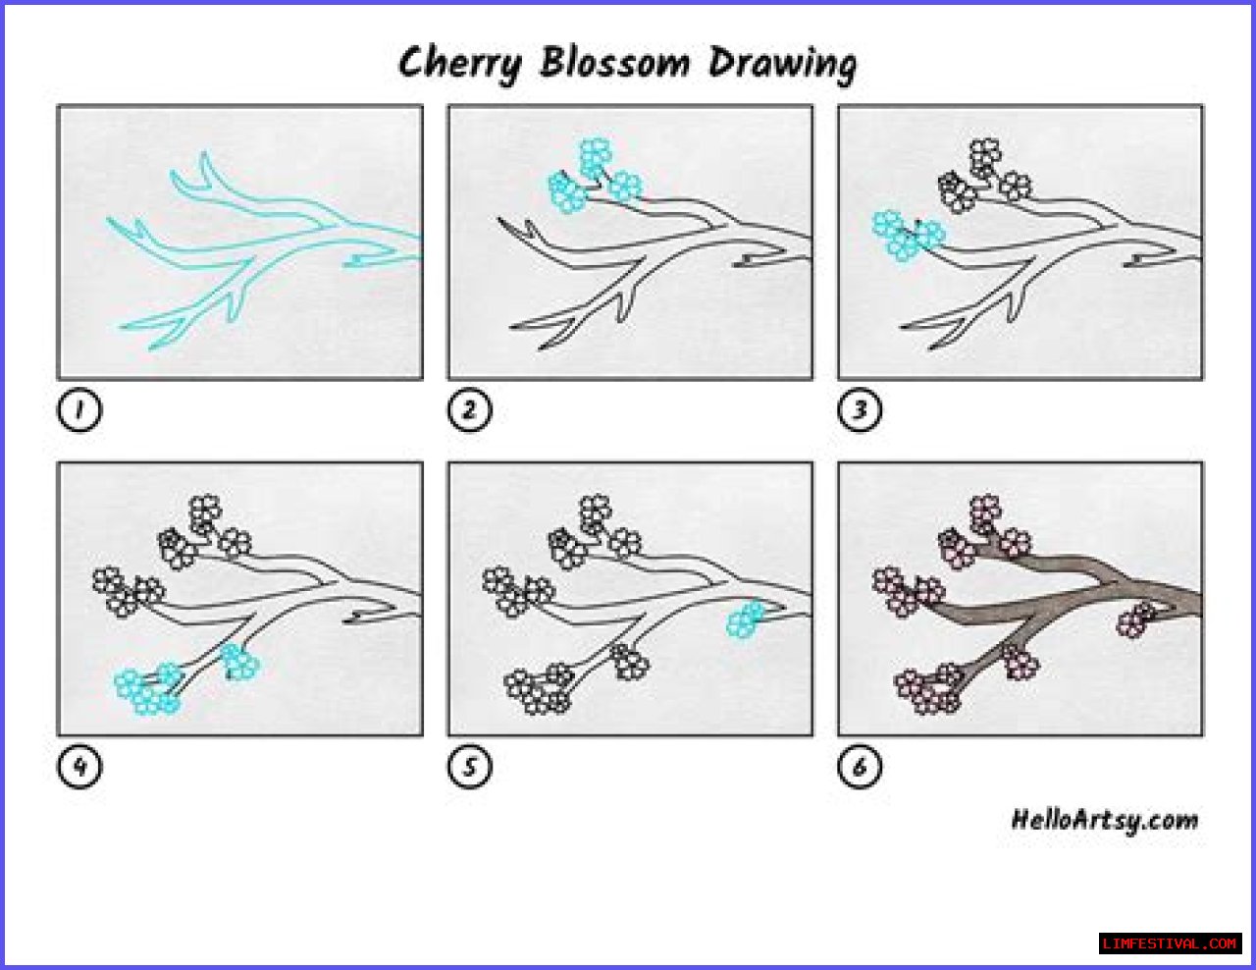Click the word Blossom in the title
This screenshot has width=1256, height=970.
(615, 62)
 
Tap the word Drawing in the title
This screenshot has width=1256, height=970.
(783, 65)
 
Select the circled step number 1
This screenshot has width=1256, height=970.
(79, 409)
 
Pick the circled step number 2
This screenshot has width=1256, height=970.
(469, 409)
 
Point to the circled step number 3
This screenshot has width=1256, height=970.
(860, 409)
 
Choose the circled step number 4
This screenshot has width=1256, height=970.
(79, 767)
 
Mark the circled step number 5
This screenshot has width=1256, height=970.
(469, 767)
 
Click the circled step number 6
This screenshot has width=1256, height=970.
(860, 767)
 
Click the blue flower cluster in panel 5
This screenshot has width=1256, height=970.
(746, 620)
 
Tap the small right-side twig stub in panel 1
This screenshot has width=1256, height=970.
(370, 260)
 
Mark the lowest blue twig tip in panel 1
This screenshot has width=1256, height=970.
(151, 348)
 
